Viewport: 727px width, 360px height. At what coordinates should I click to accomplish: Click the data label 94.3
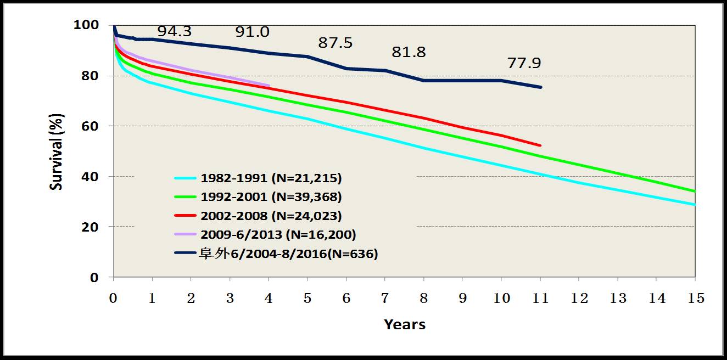(x=175, y=32)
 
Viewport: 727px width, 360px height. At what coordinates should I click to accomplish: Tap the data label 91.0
(x=252, y=32)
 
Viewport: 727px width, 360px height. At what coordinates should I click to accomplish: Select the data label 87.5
(x=335, y=43)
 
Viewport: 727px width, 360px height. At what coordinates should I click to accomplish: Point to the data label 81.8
(x=409, y=53)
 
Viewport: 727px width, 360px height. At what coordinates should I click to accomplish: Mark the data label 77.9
(x=524, y=64)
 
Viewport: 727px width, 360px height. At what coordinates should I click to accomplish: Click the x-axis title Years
(x=405, y=324)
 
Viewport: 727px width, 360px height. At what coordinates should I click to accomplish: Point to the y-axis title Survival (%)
(x=56, y=151)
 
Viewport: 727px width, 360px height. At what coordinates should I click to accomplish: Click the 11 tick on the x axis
(x=540, y=299)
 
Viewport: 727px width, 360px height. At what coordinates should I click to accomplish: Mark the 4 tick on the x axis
(x=269, y=299)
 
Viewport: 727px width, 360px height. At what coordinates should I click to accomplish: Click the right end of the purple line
(x=269, y=85)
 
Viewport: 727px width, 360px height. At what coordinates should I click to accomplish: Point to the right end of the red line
(x=541, y=145)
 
